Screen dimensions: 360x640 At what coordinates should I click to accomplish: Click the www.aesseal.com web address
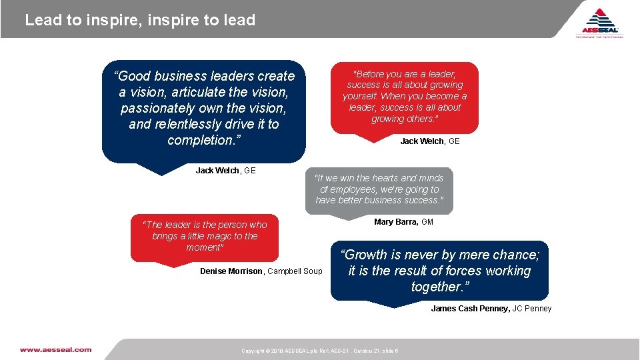pos(55,349)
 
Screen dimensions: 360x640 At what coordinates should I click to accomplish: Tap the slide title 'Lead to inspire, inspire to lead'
pos(140,20)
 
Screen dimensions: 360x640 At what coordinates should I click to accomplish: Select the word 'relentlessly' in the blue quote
pos(191,124)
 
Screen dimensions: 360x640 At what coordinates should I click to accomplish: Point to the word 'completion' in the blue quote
pos(199,140)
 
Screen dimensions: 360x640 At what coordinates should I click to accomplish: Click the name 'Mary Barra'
pos(395,222)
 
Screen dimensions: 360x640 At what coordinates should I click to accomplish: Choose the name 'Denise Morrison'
pos(231,271)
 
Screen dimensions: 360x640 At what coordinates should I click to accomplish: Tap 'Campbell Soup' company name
pos(295,271)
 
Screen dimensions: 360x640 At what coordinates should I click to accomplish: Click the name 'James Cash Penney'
pos(470,309)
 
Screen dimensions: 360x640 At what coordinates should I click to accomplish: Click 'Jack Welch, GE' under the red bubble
pos(430,141)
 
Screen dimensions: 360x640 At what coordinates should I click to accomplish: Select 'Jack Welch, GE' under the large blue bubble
pos(225,171)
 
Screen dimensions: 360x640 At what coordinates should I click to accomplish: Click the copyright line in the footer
pos(320,351)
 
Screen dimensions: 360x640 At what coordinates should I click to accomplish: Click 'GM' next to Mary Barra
pos(427,222)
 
